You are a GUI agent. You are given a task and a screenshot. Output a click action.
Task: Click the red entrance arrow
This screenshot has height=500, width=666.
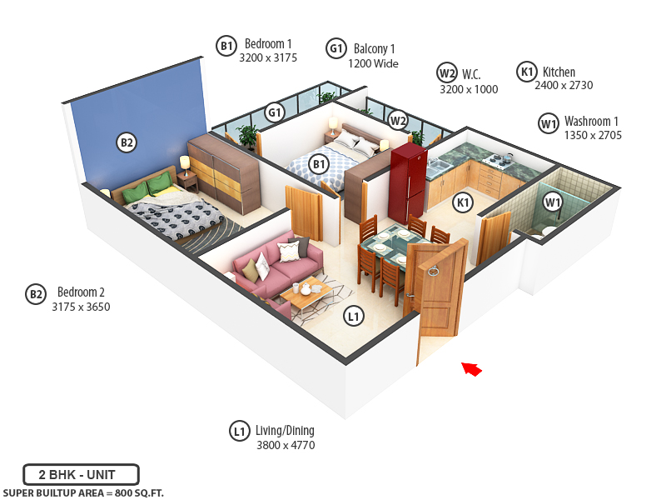pos(472,368)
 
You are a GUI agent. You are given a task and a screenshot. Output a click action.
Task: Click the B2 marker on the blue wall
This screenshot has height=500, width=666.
pos(126,143)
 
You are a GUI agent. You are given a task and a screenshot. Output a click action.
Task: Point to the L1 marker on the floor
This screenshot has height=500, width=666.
pos(354,316)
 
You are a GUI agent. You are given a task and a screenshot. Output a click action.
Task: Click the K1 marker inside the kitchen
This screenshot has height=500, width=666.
pos(462,202)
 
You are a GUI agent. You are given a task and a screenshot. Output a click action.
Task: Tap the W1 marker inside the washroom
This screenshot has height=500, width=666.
pos(553,202)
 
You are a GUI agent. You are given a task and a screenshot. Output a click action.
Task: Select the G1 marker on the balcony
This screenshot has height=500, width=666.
pos(275,112)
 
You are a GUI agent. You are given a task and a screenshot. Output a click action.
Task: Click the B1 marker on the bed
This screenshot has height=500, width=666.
pos(319,164)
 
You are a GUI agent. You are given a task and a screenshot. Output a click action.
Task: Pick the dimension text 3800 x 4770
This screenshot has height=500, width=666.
pos(286,446)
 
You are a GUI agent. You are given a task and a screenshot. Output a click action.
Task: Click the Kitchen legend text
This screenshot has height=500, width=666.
pos(559,72)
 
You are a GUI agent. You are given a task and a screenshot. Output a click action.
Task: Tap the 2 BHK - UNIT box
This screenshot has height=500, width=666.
pos(81,475)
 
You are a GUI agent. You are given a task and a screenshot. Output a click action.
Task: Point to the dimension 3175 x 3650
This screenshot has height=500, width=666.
pos(81,307)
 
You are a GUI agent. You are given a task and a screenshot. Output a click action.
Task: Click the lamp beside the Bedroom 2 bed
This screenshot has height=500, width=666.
pos(185,163)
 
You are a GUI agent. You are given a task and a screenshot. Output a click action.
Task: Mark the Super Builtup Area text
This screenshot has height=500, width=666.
pos(82,492)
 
